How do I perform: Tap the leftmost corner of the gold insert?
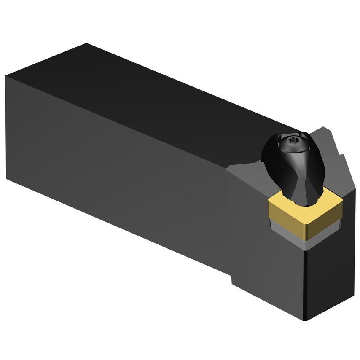point(268,203)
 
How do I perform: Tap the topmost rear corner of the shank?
point(86,43)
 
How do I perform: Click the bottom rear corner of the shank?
point(7,179)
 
